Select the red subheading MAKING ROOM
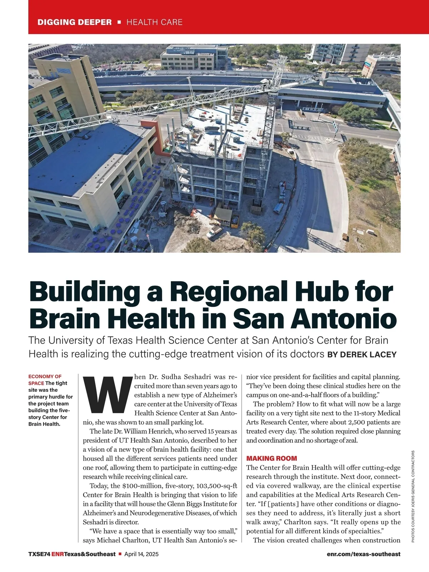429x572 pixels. click(x=272, y=458)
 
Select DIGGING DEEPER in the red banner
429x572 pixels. click(x=75, y=22)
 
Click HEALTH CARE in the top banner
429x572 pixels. click(x=154, y=22)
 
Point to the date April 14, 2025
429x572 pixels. click(x=141, y=554)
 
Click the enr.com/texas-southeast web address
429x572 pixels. click(x=364, y=554)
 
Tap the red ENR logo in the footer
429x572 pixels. click(x=58, y=554)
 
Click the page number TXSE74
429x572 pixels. click(x=39, y=554)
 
